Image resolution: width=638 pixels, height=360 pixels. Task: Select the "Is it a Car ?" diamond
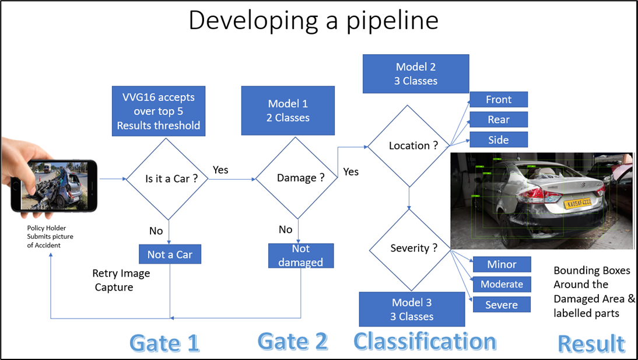[x=169, y=179]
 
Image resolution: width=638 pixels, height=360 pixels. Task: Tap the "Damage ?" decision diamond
[x=300, y=179]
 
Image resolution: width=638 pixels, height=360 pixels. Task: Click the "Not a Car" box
[x=170, y=254]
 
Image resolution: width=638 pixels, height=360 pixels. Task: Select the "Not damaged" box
[x=300, y=256]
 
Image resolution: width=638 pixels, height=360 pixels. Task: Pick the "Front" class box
[x=498, y=100]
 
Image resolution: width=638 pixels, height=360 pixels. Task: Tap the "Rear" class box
[x=498, y=120]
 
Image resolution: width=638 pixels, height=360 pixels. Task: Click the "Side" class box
[x=498, y=140]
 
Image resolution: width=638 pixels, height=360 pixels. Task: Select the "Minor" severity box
[x=502, y=264]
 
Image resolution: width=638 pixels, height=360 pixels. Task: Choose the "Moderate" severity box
[x=502, y=285]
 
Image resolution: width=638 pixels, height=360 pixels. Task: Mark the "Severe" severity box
[x=502, y=305]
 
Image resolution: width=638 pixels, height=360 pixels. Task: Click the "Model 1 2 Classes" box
[x=288, y=110]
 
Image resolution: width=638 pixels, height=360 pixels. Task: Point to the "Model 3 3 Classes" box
[x=412, y=309]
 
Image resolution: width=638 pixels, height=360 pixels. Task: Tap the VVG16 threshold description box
[x=158, y=111]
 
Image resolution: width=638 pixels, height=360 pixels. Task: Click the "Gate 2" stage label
[x=292, y=341]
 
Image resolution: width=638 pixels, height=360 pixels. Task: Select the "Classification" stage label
[x=425, y=341]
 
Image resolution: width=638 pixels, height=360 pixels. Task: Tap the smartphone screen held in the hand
[x=55, y=185]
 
